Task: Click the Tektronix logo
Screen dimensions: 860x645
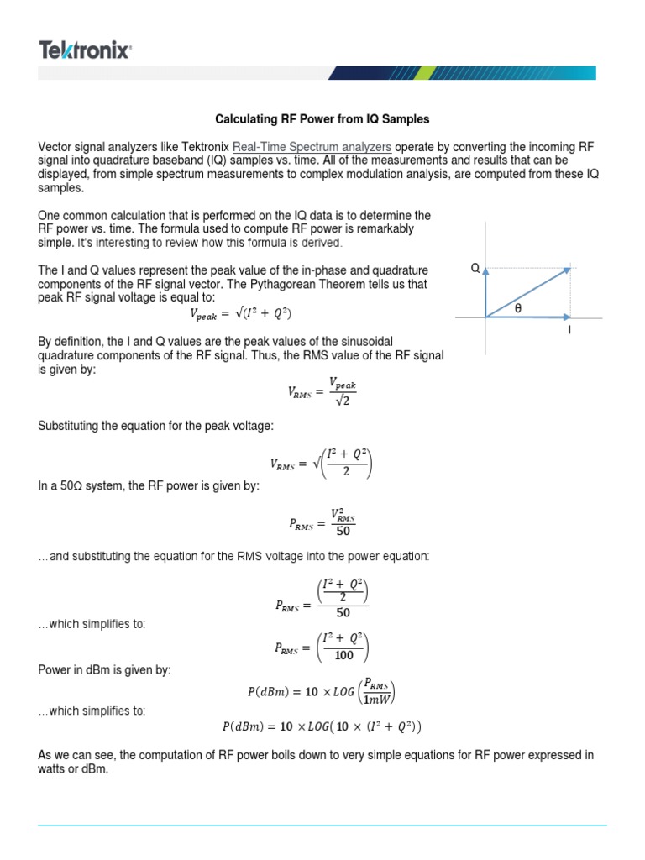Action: click(85, 51)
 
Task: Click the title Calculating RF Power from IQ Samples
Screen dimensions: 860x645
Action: click(322, 119)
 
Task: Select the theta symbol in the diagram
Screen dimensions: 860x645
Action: click(517, 308)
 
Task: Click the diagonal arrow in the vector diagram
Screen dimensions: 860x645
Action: click(528, 292)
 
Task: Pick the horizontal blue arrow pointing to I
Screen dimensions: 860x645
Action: click(529, 317)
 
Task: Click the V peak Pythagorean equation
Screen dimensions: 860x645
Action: click(242, 315)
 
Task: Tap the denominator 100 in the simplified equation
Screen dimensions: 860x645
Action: click(343, 656)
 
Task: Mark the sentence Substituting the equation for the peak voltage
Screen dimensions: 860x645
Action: click(155, 426)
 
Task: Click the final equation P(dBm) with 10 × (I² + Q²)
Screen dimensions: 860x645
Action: click(322, 726)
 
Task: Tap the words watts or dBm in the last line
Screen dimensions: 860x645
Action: click(74, 769)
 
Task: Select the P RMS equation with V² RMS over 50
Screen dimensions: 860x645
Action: click(321, 526)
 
